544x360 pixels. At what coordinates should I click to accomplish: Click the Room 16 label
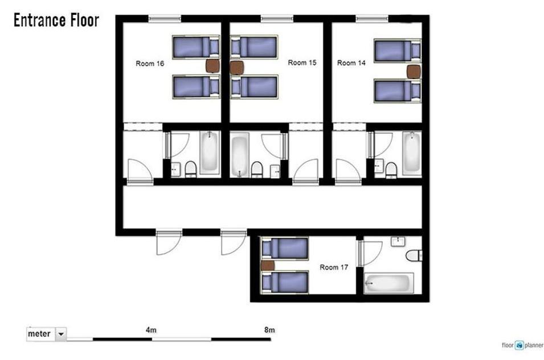click(150, 63)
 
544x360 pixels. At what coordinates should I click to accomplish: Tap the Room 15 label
click(302, 63)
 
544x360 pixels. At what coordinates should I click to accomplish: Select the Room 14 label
click(351, 63)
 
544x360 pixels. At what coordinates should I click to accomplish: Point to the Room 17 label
click(334, 267)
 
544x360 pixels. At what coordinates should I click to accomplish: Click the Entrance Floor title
click(56, 20)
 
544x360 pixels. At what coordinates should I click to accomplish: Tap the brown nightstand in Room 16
click(212, 66)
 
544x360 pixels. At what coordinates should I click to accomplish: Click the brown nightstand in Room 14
click(414, 72)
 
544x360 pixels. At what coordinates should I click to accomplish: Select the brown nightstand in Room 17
click(268, 265)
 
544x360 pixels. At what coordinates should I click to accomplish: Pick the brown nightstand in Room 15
click(237, 68)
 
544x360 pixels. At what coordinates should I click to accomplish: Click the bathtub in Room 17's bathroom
click(388, 283)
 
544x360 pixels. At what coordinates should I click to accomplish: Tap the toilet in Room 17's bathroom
click(414, 256)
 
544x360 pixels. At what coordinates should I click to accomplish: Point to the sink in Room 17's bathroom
click(398, 242)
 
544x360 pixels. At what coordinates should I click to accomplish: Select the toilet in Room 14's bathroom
click(391, 170)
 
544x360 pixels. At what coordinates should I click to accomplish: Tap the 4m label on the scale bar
click(152, 330)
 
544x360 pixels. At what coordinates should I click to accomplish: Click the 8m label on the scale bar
click(269, 330)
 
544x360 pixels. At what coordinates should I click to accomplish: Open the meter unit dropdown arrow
click(61, 334)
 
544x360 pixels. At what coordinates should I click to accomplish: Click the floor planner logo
click(522, 345)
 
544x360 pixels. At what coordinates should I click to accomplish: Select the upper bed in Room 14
click(398, 51)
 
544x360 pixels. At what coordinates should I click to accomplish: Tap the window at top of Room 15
click(277, 18)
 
